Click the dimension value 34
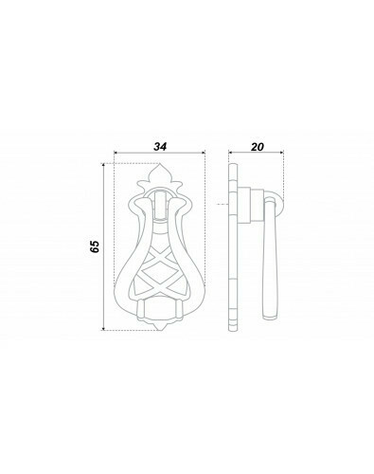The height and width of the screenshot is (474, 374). (160, 147)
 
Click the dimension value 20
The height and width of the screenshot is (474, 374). (258, 147)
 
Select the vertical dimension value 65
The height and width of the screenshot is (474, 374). (95, 246)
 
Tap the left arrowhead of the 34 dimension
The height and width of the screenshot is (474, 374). (116, 153)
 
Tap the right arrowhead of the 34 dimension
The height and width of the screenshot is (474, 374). (204, 153)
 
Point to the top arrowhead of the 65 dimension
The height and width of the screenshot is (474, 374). (103, 165)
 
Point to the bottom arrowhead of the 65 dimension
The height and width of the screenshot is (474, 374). (103, 328)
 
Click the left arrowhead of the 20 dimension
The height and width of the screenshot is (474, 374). (231, 153)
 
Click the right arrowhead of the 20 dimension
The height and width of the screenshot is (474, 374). (281, 153)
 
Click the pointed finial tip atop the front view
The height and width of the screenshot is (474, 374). (159, 164)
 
